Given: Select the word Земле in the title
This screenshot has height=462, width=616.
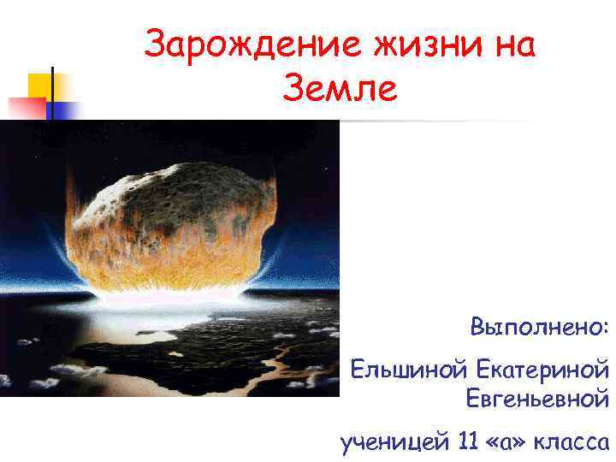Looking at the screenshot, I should pos(338,89).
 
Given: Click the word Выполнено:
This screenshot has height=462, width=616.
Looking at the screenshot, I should pos(539,327).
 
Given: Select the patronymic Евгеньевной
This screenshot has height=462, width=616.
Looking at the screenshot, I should pos(537,398).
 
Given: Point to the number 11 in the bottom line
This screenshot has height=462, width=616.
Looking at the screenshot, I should pos(468,441).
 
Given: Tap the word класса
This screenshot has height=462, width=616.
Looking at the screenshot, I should pos(571,441).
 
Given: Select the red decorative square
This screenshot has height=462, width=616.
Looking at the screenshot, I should pos(26,107).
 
